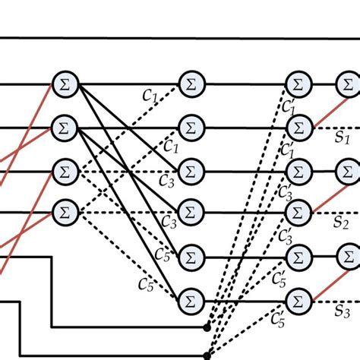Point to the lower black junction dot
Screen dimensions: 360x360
pos(207,354)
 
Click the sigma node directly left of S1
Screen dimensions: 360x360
pos(298,126)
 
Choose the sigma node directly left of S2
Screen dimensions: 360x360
pos(298,209)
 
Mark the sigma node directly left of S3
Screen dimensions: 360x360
pos(298,301)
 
